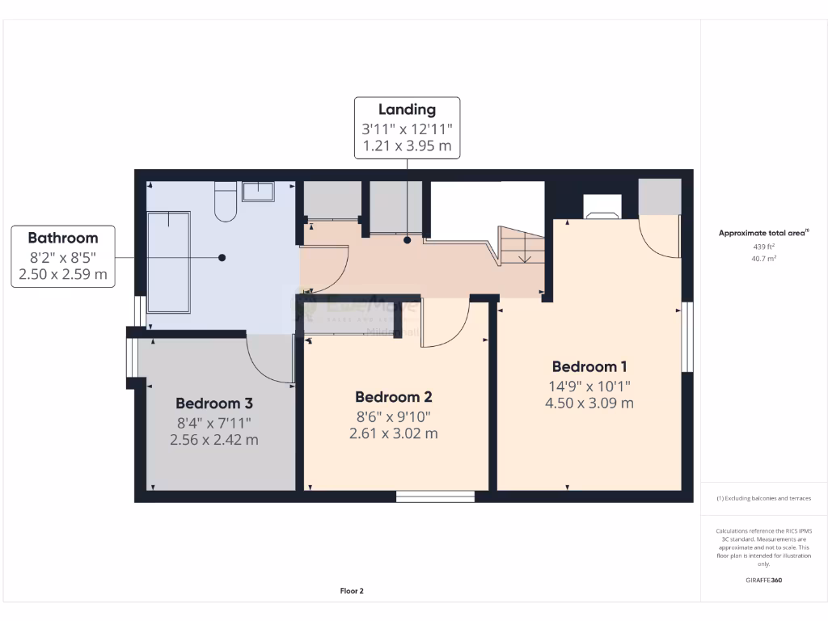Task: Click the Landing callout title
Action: pos(408,109)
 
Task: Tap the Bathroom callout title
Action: pos(62,238)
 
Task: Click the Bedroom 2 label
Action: pos(394,397)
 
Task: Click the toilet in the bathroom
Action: pos(225,202)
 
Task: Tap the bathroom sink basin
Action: pos(258,192)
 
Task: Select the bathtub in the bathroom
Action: pos(168,262)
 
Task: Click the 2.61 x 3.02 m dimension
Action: pos(394,433)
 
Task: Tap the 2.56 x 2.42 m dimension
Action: pos(214,440)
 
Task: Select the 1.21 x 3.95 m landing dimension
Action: pos(408,147)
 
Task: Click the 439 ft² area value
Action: pos(764,247)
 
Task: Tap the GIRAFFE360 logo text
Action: pos(764,580)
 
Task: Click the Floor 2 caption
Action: pos(352,591)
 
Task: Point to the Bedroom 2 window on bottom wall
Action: pos(435,496)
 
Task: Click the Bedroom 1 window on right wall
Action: pos(687,337)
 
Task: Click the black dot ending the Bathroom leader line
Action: pos(222,257)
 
